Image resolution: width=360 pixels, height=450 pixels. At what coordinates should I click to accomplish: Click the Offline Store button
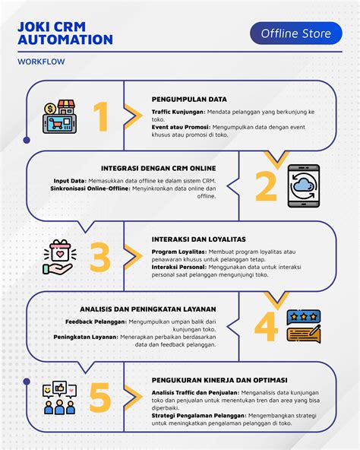click(296, 33)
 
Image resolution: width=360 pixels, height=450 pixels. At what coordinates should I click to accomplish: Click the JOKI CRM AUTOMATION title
click(65, 33)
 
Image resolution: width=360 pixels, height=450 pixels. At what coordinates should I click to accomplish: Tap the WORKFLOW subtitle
click(41, 62)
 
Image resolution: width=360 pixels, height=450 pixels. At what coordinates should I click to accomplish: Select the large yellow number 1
click(101, 116)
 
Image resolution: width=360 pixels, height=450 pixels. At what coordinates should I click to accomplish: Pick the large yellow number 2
click(266, 186)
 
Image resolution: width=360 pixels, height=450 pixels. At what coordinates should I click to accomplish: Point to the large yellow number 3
click(100, 257)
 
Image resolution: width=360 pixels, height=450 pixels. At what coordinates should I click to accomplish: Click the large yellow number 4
click(266, 327)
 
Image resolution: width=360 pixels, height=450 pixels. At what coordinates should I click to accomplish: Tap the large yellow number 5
click(100, 398)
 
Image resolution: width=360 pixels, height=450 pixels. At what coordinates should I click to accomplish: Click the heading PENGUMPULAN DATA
click(189, 100)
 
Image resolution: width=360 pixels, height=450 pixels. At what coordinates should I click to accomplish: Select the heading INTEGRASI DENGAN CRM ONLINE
click(158, 168)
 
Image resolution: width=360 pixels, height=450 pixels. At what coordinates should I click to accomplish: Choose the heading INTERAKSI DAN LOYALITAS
click(199, 239)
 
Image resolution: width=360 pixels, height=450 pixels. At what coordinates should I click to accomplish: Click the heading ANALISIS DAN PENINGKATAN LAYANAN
click(148, 309)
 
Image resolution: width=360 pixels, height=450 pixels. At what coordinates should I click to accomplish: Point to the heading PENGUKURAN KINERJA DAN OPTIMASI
click(219, 380)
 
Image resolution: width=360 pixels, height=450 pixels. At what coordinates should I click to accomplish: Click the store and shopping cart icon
click(60, 116)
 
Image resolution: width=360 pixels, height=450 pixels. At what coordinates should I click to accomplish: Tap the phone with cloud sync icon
click(304, 186)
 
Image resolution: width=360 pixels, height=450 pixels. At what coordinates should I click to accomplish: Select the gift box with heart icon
click(60, 257)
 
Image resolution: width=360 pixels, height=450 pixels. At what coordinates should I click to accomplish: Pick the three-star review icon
click(304, 326)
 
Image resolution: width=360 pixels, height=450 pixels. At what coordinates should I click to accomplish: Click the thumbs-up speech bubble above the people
click(60, 388)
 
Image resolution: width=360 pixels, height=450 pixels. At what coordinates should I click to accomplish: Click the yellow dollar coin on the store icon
click(51, 109)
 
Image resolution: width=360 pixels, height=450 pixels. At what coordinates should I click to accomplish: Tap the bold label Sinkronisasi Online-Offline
click(90, 189)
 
